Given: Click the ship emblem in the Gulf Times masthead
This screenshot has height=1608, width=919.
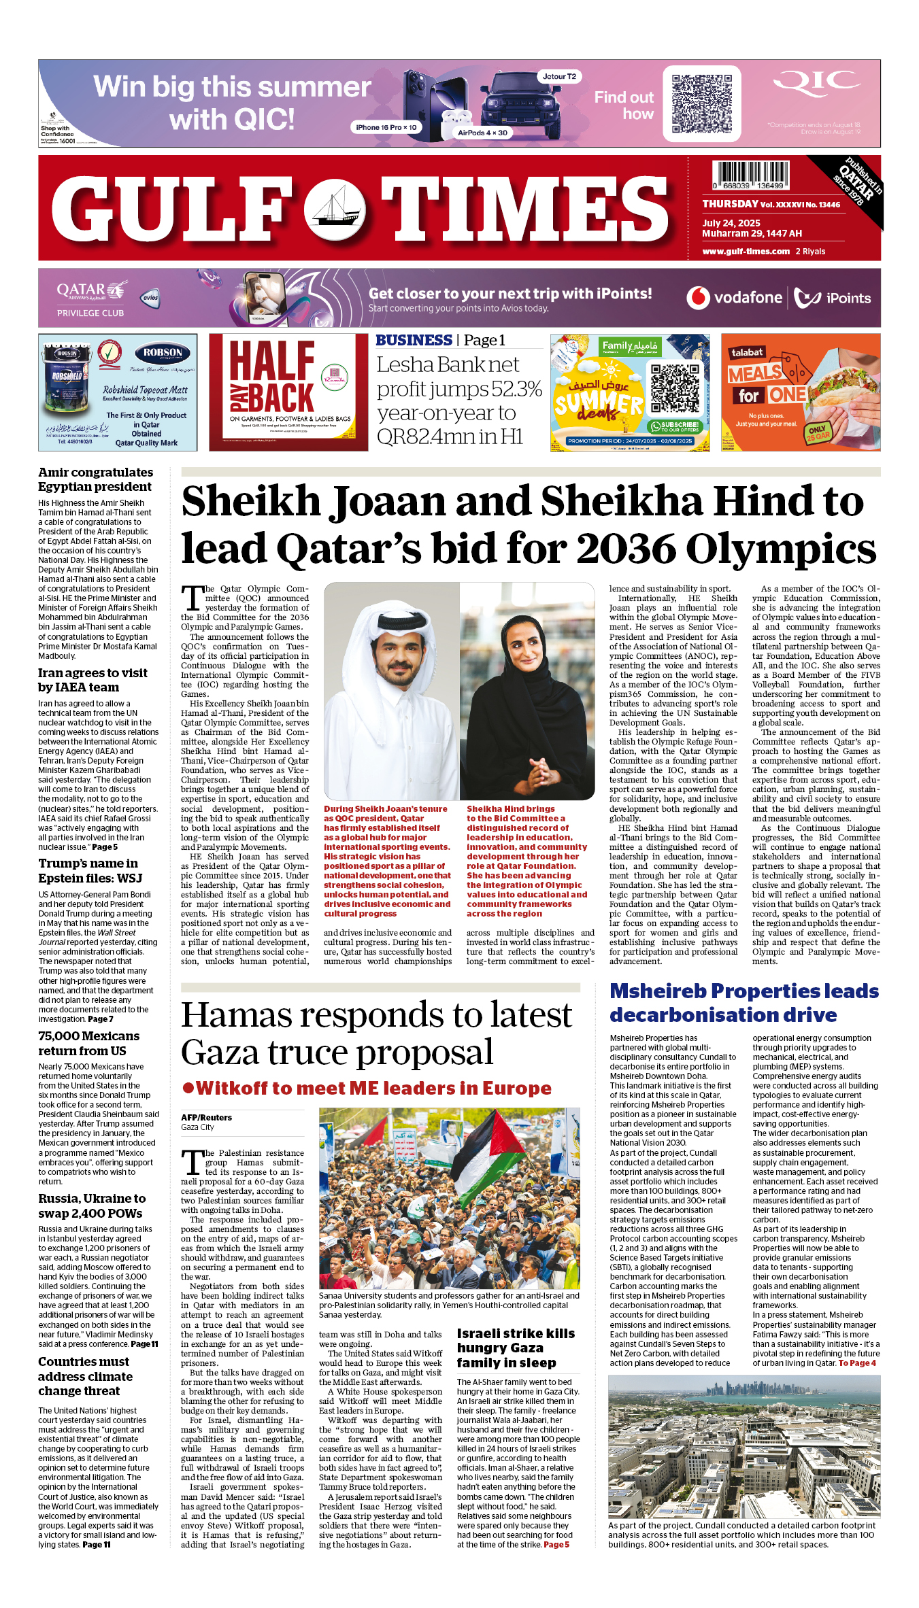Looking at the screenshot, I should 334,208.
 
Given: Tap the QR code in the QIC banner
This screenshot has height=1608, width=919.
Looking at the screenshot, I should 701,103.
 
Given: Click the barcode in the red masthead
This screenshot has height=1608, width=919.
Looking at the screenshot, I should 750,175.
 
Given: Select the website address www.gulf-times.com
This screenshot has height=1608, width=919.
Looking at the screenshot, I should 746,251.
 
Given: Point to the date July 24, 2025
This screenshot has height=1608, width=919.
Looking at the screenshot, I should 731,223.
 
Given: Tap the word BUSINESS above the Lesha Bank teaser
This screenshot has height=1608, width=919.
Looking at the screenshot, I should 414,340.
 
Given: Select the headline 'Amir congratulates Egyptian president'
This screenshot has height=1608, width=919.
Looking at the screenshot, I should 95,479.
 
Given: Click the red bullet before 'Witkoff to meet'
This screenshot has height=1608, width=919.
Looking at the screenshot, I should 188,1088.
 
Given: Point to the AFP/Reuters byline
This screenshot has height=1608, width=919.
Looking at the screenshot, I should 206,1117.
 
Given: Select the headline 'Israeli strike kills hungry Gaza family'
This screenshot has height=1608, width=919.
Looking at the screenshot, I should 516,1348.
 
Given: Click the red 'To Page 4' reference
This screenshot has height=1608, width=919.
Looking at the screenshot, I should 857,1363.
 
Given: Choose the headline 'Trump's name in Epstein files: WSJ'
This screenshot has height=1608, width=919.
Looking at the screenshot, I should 90,871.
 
